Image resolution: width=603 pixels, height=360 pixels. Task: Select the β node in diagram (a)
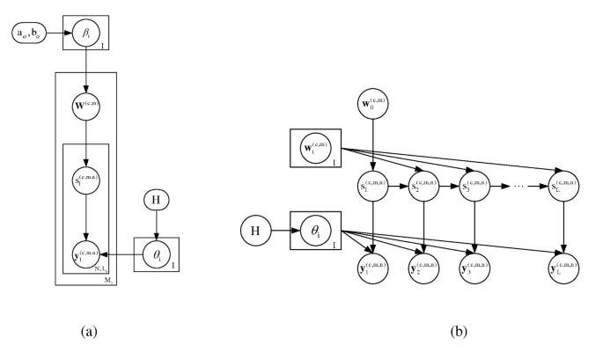[85, 33]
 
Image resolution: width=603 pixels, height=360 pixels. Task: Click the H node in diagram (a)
[157, 202]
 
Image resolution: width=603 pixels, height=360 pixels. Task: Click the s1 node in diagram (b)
[374, 187]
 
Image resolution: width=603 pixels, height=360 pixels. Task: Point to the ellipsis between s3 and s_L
[519, 187]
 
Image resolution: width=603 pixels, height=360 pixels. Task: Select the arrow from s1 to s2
[400, 187]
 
